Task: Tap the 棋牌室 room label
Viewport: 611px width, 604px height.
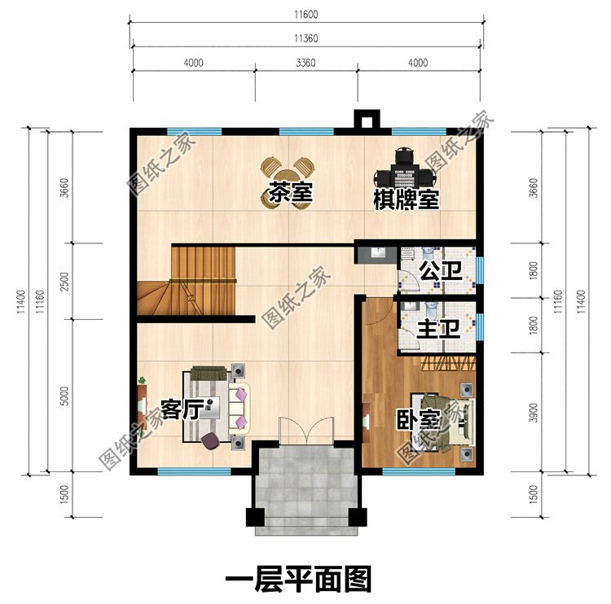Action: click(407, 199)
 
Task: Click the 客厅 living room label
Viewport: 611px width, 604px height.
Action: click(181, 409)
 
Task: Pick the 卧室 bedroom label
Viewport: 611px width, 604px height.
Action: click(419, 421)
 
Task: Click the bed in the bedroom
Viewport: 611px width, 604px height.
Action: click(444, 419)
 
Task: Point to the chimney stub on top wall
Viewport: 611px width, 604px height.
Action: click(366, 120)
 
